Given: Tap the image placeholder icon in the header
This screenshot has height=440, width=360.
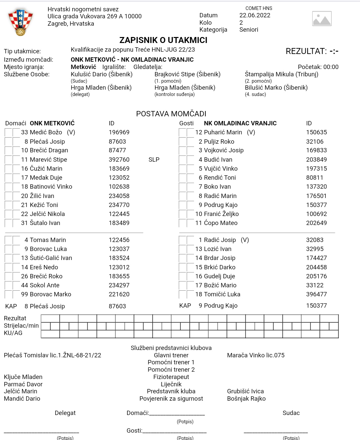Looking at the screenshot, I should pyautogui.click(x=322, y=19).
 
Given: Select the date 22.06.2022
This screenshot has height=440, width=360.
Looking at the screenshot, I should pyautogui.click(x=255, y=15).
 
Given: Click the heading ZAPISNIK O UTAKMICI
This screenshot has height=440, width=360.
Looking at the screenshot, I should pyautogui.click(x=163, y=40).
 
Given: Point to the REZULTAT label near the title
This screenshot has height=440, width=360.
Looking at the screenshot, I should pyautogui.click(x=306, y=51).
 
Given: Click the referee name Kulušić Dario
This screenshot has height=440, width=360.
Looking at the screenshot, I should pyautogui.click(x=101, y=74).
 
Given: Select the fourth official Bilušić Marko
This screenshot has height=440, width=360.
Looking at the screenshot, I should pyautogui.click(x=276, y=88).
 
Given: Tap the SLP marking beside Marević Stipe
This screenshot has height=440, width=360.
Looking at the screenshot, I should pyautogui.click(x=154, y=160).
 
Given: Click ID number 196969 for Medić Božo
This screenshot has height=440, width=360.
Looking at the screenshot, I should pyautogui.click(x=119, y=132).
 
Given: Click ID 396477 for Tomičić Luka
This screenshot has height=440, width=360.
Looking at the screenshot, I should pyautogui.click(x=316, y=294).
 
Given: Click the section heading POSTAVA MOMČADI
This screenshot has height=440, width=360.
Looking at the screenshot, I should pyautogui.click(x=171, y=114).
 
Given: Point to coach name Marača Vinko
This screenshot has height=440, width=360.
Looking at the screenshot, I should pyautogui.click(x=256, y=355).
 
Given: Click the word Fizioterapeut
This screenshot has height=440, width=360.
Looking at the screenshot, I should pyautogui.click(x=171, y=377).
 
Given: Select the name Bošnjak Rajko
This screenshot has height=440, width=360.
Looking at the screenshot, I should pyautogui.click(x=246, y=399).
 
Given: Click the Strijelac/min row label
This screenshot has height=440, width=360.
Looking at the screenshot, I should pyautogui.click(x=21, y=326).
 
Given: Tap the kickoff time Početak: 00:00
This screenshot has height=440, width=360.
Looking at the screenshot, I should pyautogui.click(x=318, y=67).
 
